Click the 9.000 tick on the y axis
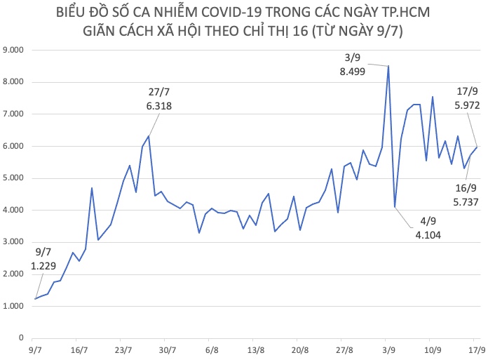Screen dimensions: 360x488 click(15, 50)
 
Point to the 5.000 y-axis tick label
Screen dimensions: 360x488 click(15, 178)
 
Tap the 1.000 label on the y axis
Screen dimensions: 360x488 click(15, 306)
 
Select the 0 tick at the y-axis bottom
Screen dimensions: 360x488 click(22, 338)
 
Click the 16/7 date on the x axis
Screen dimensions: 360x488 click(79, 349)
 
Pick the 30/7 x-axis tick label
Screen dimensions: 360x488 click(168, 349)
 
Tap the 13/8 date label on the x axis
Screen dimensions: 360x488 click(256, 349)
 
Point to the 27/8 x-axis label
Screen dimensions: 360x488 click(344, 349)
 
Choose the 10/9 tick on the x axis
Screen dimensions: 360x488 click(433, 349)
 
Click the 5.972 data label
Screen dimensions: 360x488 click(467, 105)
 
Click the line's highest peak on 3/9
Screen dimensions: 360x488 click(388, 66)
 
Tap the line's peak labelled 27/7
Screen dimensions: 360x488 click(148, 136)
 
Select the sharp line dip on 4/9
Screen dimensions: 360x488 click(395, 207)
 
